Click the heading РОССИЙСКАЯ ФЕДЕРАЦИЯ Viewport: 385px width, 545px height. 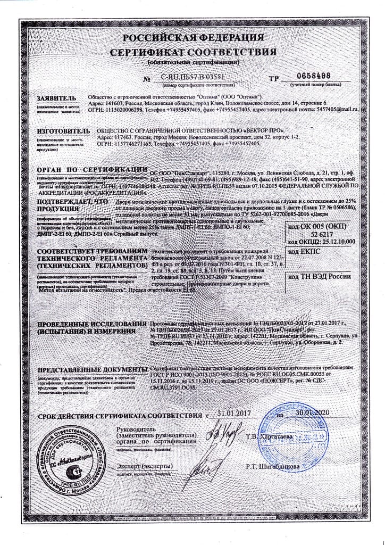point(193,38)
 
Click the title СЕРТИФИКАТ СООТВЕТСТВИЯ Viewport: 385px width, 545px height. point(193,52)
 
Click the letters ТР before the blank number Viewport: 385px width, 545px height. point(274,78)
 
